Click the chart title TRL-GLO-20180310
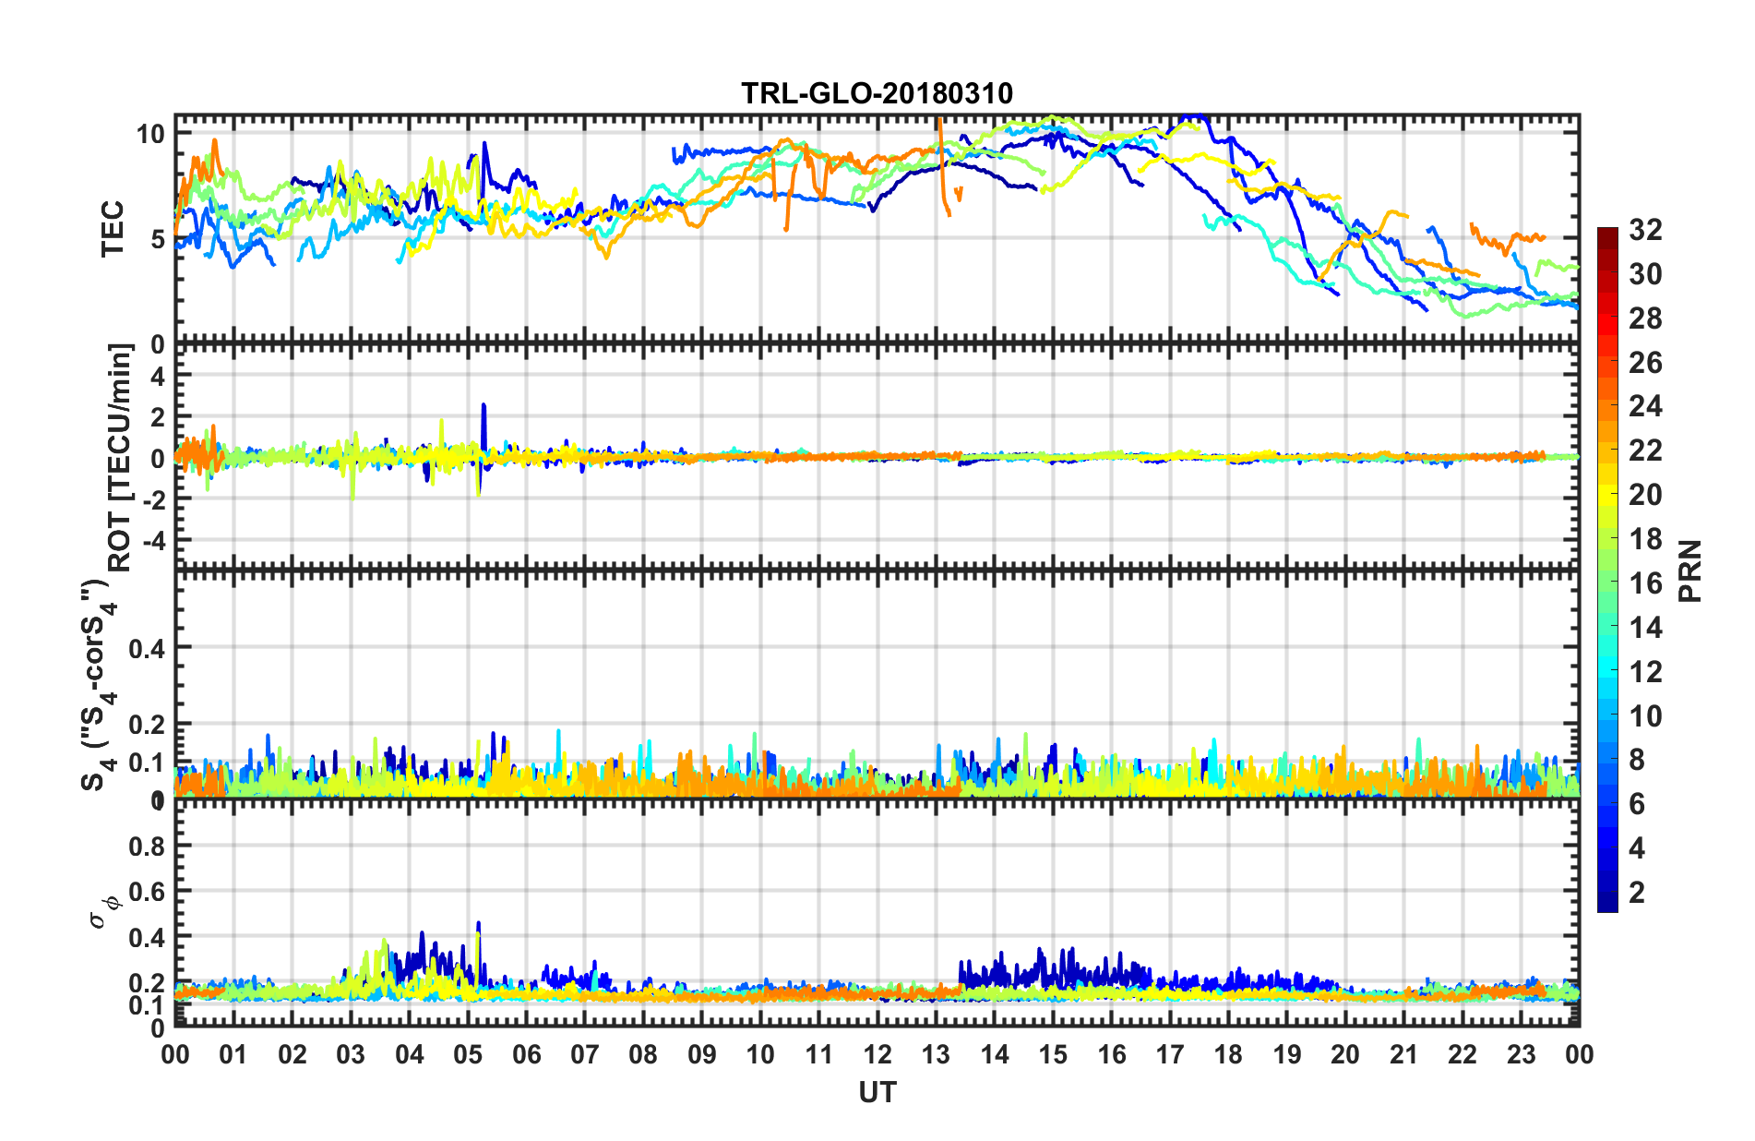click(x=877, y=93)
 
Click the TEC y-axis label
click(x=113, y=228)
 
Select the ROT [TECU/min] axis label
click(x=120, y=458)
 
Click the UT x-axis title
click(x=877, y=1093)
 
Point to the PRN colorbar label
click(x=1690, y=570)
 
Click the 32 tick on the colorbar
click(x=1645, y=230)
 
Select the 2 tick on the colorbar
click(x=1637, y=892)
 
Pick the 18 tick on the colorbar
click(x=1645, y=539)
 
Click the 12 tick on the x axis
click(x=877, y=1055)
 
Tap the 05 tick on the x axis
click(x=468, y=1055)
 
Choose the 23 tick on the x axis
click(x=1521, y=1055)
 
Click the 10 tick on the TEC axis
click(x=150, y=134)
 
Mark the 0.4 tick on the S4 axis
click(x=147, y=649)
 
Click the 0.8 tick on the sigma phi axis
click(x=147, y=847)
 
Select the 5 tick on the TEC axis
click(x=157, y=240)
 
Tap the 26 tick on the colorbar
click(x=1645, y=363)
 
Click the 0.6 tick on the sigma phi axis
click(x=147, y=892)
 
